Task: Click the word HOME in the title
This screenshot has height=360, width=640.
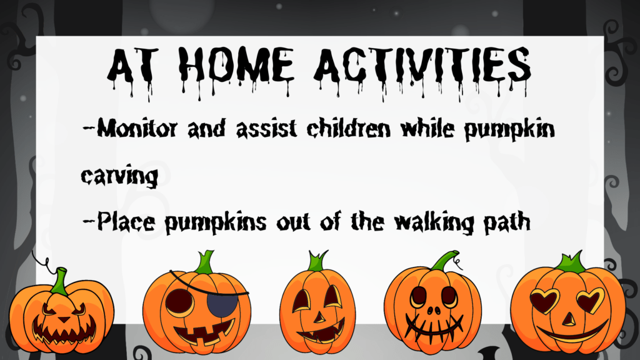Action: [239, 66]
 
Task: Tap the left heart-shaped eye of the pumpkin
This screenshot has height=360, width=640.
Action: [544, 301]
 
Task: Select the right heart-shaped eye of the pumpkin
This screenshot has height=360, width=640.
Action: [590, 301]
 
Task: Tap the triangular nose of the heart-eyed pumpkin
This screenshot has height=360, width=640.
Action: [569, 319]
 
